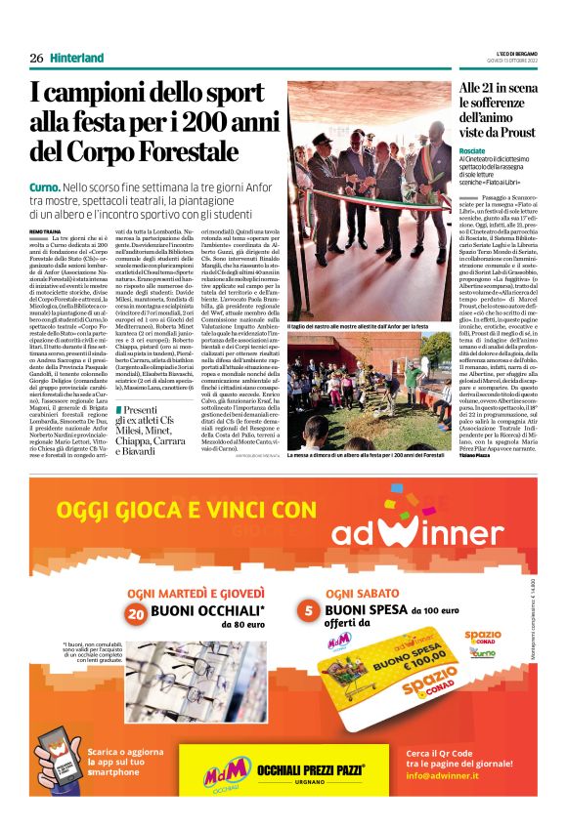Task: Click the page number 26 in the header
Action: [x=36, y=59]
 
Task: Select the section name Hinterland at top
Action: [x=76, y=59]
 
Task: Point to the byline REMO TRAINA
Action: [x=44, y=230]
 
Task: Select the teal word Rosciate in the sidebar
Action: [x=477, y=151]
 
